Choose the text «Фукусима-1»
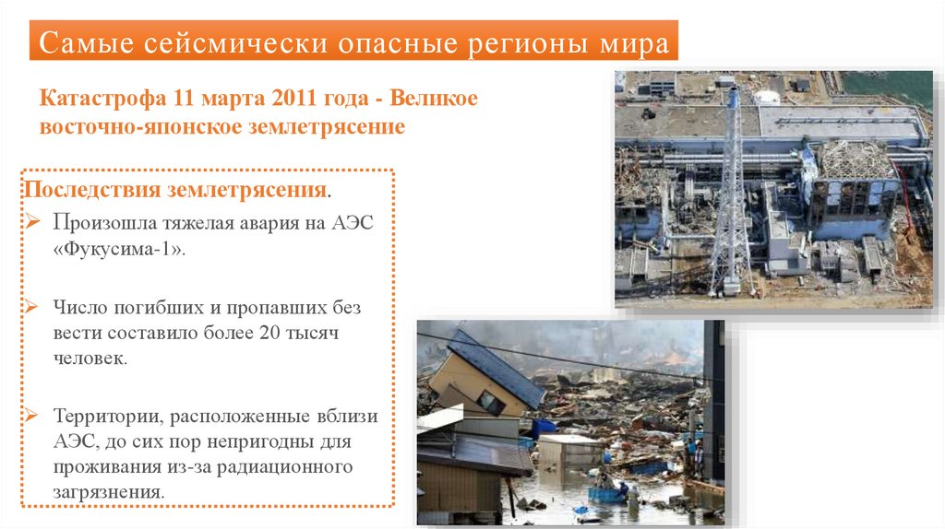tap(119, 251)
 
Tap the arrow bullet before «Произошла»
tap(32, 223)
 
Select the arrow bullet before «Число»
tap(32, 306)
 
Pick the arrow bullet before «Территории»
tap(32, 415)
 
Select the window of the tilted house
tap(488, 403)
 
